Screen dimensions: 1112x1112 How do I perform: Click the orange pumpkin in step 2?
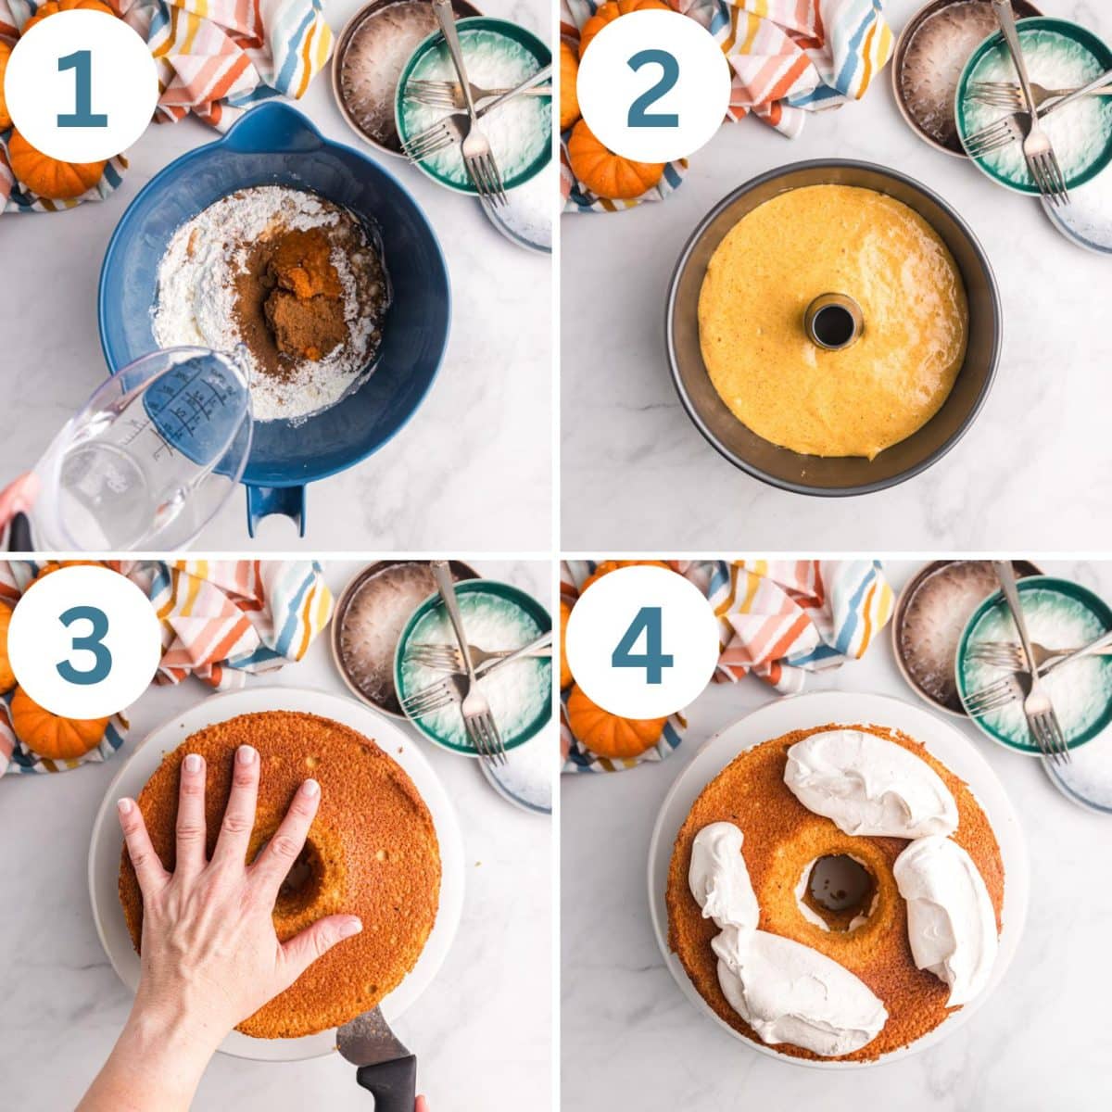[612, 162]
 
